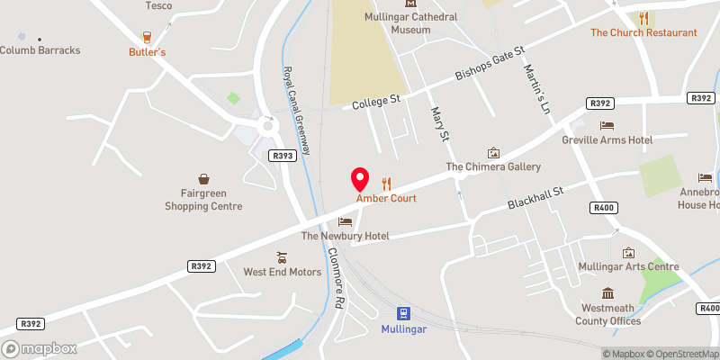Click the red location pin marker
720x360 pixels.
360,178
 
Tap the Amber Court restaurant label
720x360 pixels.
386,198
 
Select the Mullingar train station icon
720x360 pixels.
404,313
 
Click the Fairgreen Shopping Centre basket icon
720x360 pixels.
203,180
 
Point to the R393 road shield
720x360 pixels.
283,156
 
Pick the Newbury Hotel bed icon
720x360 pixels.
345,221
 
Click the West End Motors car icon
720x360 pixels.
282,256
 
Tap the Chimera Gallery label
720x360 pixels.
493,167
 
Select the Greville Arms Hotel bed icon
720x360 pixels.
607,126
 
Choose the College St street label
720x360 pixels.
376,102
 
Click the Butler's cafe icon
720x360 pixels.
147,37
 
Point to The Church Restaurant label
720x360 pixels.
643,32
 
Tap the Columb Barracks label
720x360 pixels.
40,49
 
